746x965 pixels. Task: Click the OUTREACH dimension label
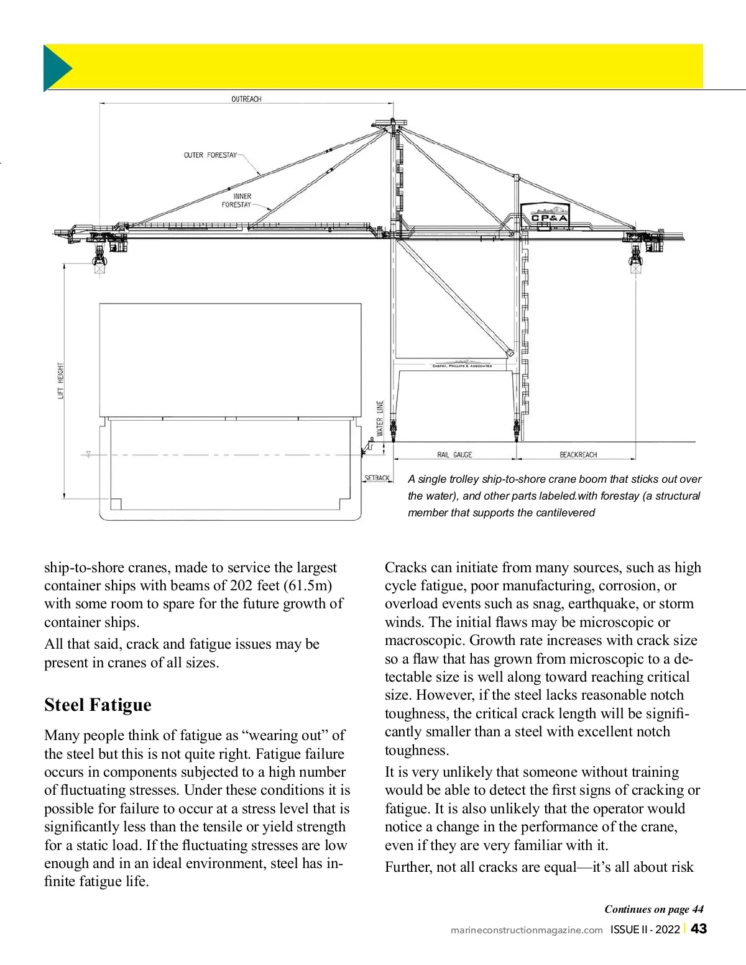(x=246, y=99)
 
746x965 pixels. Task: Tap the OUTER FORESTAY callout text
(x=210, y=155)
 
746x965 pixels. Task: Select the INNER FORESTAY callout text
(x=237, y=200)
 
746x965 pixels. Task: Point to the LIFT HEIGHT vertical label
(x=61, y=380)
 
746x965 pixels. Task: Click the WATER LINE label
(x=380, y=418)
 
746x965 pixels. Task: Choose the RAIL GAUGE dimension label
(x=454, y=455)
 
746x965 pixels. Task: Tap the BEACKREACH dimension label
(x=578, y=455)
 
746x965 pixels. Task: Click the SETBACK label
(x=377, y=478)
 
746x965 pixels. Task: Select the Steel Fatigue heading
(x=98, y=705)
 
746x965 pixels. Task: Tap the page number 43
(x=699, y=929)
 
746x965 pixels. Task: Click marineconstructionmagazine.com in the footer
(x=527, y=930)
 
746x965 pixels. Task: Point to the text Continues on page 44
(x=654, y=909)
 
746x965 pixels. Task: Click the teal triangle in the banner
(x=55, y=68)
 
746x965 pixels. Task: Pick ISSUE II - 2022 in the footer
(x=645, y=930)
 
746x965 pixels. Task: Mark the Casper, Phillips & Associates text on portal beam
(x=462, y=365)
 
